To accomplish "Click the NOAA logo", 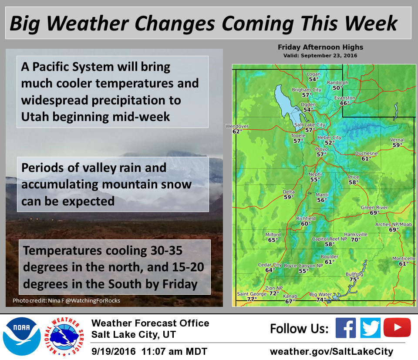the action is (x=22, y=336).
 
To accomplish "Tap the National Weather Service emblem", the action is (x=64, y=336).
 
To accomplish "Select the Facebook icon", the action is (x=345, y=328).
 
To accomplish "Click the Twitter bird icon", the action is (x=370, y=328).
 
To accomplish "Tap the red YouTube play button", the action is (x=397, y=327).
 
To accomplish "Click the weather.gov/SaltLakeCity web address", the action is (x=331, y=352).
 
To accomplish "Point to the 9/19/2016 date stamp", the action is (x=114, y=351).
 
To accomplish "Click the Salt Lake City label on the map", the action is (x=310, y=124).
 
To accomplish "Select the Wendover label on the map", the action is (x=237, y=126).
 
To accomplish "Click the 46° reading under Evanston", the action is (x=344, y=103).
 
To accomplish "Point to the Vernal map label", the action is (x=397, y=140).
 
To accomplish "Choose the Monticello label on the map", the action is (x=404, y=259).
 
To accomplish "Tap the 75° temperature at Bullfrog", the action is (x=354, y=279).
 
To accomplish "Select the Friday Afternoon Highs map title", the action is (x=320, y=47).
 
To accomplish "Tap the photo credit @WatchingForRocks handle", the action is (x=93, y=300).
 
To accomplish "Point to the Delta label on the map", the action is (x=289, y=192).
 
